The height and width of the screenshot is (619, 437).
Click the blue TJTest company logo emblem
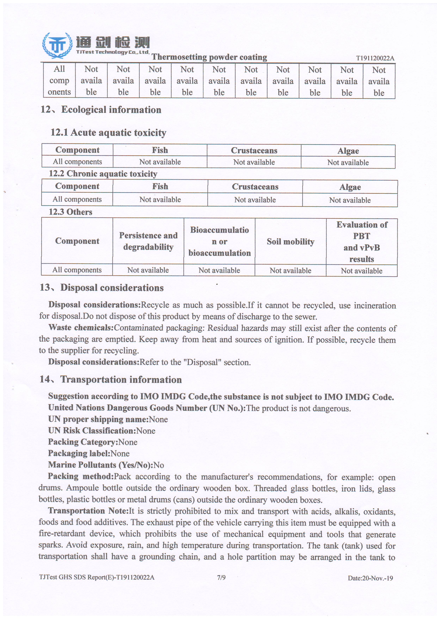point(57,45)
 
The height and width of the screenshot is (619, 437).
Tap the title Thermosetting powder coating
point(209,57)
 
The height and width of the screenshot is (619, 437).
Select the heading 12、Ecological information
point(101,110)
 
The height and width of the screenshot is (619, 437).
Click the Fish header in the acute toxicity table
point(160,150)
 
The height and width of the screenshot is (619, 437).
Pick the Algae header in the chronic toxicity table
point(350,187)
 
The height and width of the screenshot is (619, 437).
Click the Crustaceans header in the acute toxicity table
point(254,151)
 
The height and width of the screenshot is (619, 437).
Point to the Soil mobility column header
point(291,242)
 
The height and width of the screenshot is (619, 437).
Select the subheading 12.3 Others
point(70,212)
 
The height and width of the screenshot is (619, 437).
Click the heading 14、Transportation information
point(111,380)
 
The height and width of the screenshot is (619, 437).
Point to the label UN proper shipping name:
point(98,419)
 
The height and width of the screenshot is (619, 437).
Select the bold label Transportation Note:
point(88,511)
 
